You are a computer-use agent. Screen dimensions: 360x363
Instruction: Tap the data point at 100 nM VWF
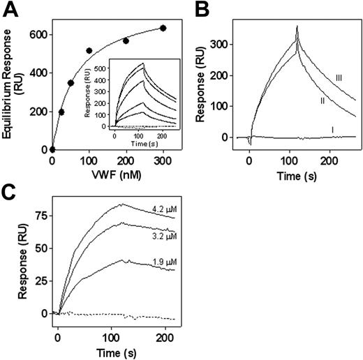(89, 51)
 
